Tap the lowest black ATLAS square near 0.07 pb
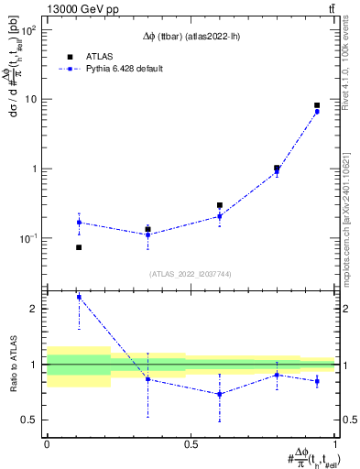click(79, 247)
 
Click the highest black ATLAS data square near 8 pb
click(317, 105)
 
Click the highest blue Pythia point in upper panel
click(317, 112)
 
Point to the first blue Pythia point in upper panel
click(79, 223)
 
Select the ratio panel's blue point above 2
click(79, 297)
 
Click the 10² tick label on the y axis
click(28, 30)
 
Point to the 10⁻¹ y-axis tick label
click(27, 238)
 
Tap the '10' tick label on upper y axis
click(29, 99)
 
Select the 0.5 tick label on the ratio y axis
click(30, 420)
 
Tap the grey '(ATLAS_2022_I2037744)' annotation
click(191, 274)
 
